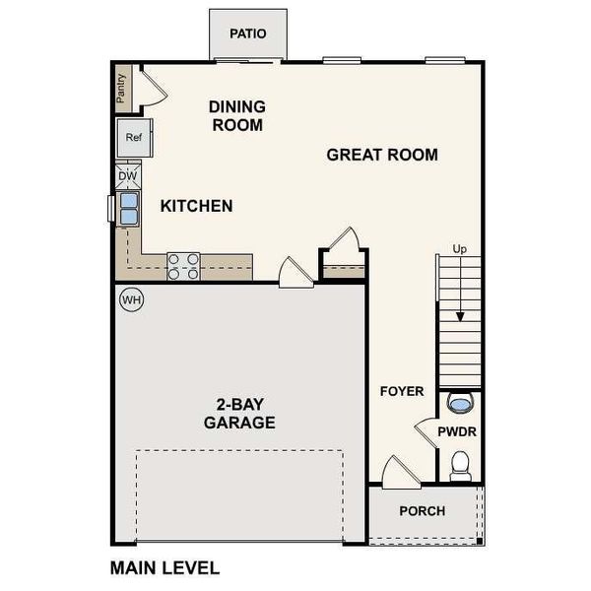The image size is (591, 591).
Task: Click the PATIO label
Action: click(x=248, y=33)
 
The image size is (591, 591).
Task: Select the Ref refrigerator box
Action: click(x=134, y=138)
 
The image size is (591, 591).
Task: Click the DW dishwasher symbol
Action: click(x=128, y=176)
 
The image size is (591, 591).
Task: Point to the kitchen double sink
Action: click(x=129, y=208)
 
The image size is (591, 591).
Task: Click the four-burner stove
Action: click(x=183, y=266)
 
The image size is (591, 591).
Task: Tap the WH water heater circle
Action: click(x=131, y=299)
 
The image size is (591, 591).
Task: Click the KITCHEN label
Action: click(x=197, y=206)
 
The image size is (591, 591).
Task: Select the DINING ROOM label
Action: click(x=236, y=115)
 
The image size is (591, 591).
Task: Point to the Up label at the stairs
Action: click(x=459, y=249)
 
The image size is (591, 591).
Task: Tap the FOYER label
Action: click(x=402, y=391)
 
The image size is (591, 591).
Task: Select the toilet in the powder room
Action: click(x=460, y=465)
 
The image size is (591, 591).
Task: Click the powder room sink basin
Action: click(x=459, y=402)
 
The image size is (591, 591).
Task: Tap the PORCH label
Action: click(x=422, y=511)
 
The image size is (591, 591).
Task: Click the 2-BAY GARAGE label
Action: click(x=239, y=413)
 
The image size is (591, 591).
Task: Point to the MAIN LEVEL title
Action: click(x=164, y=567)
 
